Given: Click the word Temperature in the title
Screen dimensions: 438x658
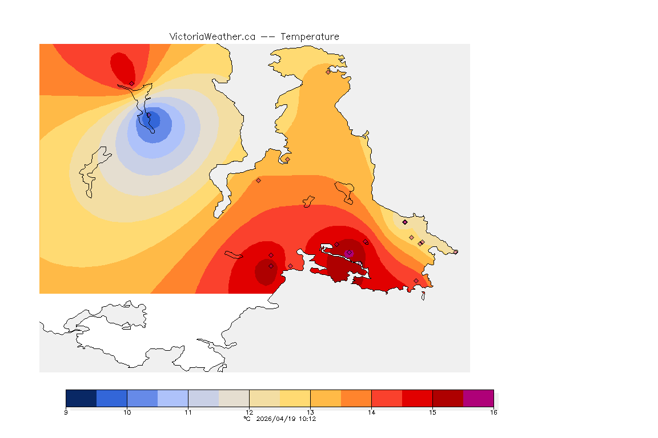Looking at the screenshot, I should (x=310, y=36).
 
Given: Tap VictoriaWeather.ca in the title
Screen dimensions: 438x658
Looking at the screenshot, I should (x=212, y=36).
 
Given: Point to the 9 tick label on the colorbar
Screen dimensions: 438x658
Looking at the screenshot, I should (x=66, y=412).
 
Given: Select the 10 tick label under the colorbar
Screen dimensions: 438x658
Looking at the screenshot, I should (x=127, y=412).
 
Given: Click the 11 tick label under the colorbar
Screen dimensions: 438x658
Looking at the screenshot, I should (x=188, y=412).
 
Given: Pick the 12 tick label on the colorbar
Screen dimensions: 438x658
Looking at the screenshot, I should (x=249, y=412).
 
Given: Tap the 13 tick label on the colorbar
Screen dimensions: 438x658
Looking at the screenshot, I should (x=310, y=412).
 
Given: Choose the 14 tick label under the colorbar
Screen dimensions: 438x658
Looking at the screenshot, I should (x=371, y=412).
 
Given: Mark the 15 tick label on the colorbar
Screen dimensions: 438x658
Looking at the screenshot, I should (x=432, y=412).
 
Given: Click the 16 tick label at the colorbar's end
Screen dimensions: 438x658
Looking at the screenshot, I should (x=493, y=412).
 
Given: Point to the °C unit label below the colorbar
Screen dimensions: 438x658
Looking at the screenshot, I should (x=247, y=419).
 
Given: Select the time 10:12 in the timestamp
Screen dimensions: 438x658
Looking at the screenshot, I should (x=307, y=419).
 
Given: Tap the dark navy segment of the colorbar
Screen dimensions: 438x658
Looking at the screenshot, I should (x=81, y=398).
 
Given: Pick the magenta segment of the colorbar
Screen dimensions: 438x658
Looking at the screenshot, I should (x=478, y=398).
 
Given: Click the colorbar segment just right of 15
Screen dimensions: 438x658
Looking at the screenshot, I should (x=448, y=398).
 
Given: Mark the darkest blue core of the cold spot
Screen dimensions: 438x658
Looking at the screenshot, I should (x=153, y=120).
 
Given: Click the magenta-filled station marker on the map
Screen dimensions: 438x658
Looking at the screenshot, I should (x=348, y=253).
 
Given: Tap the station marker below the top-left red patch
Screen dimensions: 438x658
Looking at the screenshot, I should (x=131, y=83).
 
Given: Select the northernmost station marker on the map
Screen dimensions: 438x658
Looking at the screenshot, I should (x=328, y=72).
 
